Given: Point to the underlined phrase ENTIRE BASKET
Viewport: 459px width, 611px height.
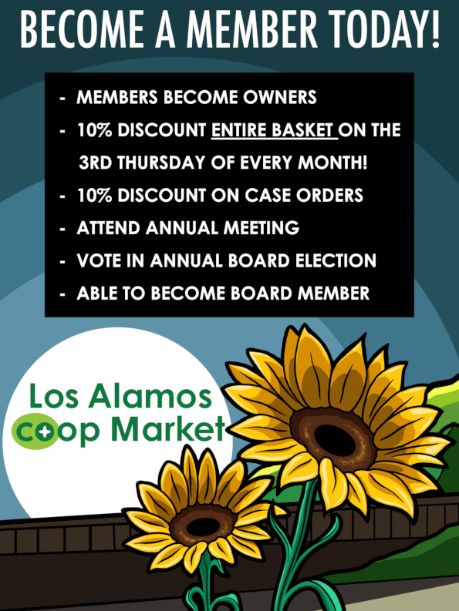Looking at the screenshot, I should (274, 130).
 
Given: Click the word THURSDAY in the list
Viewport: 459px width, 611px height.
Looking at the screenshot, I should (160, 163).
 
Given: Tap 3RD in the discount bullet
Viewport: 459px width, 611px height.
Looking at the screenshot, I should (96, 163).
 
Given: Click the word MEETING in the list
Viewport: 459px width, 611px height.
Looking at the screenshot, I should (262, 228).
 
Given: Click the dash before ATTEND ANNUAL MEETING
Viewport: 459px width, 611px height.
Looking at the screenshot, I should (62, 228).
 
